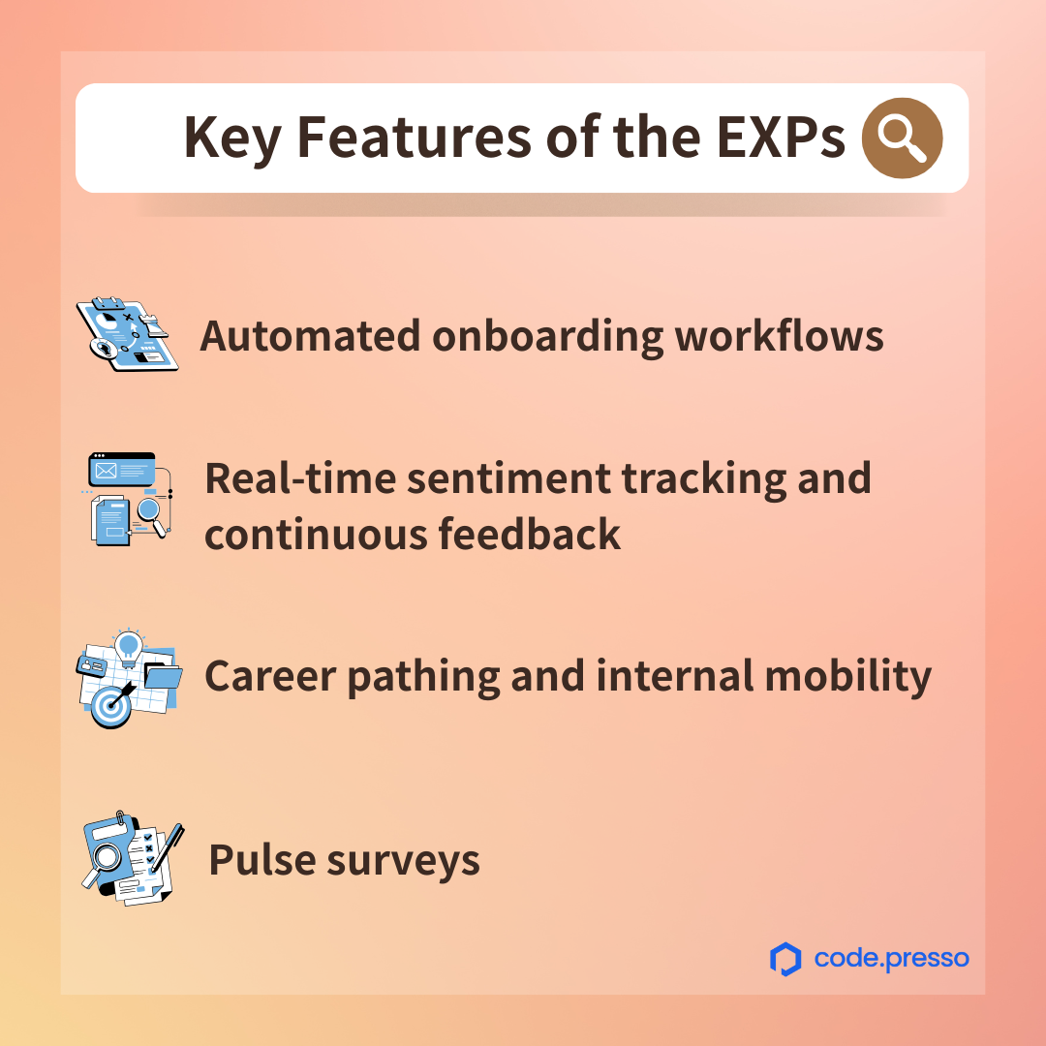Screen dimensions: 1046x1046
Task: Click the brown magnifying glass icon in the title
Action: pos(902,138)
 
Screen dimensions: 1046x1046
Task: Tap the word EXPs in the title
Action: pos(782,137)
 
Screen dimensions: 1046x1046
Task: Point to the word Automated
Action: pos(310,335)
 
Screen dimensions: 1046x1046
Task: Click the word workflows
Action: pos(779,335)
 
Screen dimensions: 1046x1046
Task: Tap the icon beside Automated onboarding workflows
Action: pos(128,334)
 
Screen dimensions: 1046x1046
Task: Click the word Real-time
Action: pos(299,478)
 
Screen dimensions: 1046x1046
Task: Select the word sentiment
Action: pos(509,479)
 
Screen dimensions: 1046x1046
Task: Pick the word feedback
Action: pos(530,534)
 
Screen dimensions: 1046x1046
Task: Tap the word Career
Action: pos(270,676)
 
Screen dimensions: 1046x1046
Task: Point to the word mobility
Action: pos(847,676)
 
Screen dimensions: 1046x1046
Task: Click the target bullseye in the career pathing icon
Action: pos(110,706)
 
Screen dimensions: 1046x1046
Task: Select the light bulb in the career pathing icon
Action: pos(128,647)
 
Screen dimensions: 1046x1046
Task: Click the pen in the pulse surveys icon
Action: pos(168,846)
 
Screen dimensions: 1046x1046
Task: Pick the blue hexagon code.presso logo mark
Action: pos(785,959)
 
